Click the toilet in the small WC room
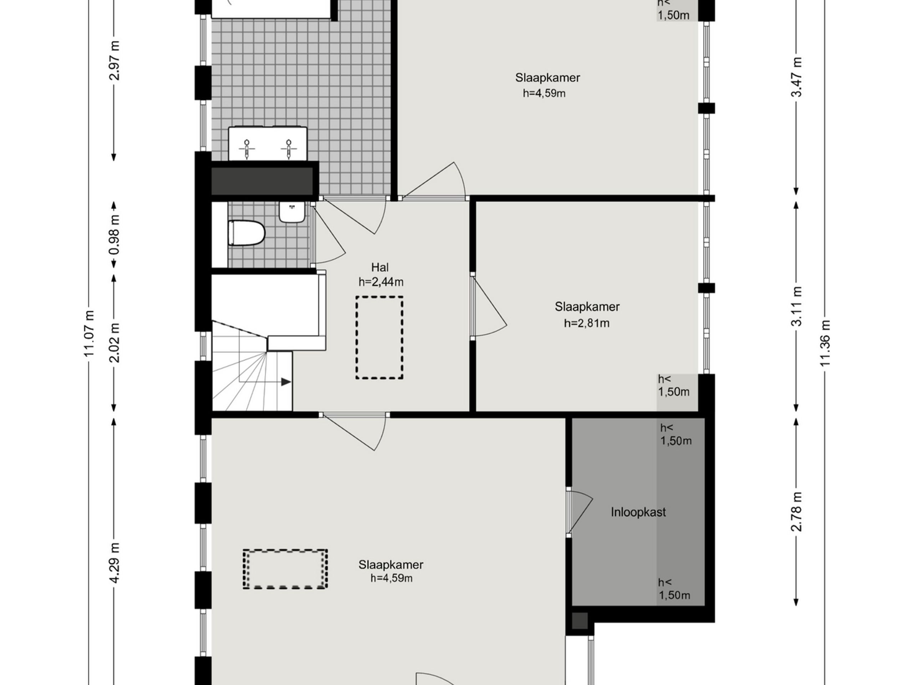(x=246, y=233)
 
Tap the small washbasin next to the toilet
(x=292, y=212)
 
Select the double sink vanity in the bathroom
(x=267, y=144)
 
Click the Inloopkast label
(x=638, y=512)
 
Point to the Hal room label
(x=380, y=267)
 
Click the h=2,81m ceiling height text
(x=587, y=323)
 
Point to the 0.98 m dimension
(x=114, y=235)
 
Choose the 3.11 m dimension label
(x=797, y=306)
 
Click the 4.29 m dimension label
(x=114, y=563)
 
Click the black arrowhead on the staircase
(x=286, y=382)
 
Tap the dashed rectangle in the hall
(x=379, y=338)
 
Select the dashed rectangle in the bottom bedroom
(x=285, y=569)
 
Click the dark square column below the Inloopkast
(x=580, y=620)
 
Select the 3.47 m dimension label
(x=797, y=77)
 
